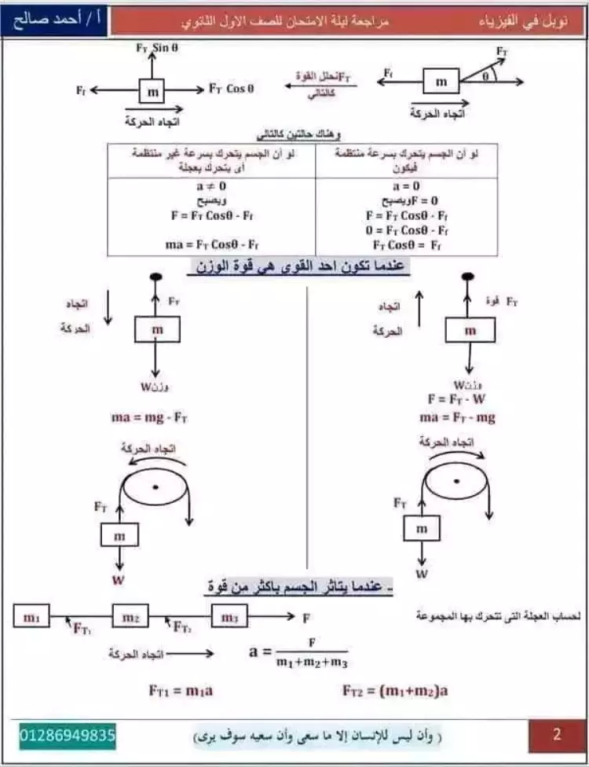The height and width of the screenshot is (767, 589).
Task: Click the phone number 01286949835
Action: tap(68, 736)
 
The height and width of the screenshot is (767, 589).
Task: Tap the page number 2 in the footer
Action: tap(557, 736)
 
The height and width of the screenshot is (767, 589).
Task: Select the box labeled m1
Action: tap(31, 618)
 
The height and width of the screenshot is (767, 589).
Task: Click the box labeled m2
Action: tap(130, 618)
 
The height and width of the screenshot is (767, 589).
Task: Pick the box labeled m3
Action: tap(229, 618)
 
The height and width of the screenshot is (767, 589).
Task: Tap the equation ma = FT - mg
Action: tap(458, 417)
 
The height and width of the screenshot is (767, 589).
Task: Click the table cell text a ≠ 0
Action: tap(211, 187)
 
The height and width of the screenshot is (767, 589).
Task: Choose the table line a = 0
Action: tap(406, 187)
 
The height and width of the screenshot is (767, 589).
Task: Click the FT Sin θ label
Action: tap(159, 48)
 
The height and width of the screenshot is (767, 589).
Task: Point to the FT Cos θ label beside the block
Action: tap(232, 89)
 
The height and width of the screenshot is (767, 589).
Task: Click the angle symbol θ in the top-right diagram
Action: tap(486, 76)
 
